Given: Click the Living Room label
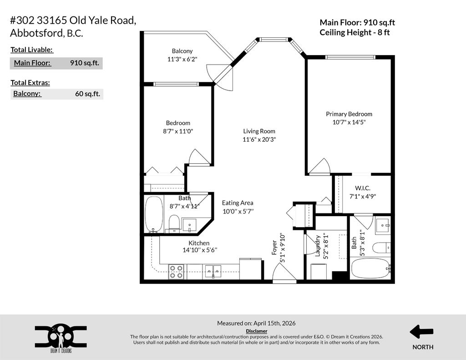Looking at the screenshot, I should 259,131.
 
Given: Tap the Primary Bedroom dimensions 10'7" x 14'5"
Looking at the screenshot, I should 349,122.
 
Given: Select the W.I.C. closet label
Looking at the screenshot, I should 362,188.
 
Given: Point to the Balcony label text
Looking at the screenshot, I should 182,51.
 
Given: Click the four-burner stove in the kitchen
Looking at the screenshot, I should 176,272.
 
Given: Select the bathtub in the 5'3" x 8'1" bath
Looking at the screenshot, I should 370,268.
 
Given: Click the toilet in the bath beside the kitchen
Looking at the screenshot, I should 173,223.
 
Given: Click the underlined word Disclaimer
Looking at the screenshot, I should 256,331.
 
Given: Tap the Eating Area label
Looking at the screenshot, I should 238,203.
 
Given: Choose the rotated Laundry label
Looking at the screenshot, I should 318,246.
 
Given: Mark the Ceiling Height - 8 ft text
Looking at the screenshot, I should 355,32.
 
